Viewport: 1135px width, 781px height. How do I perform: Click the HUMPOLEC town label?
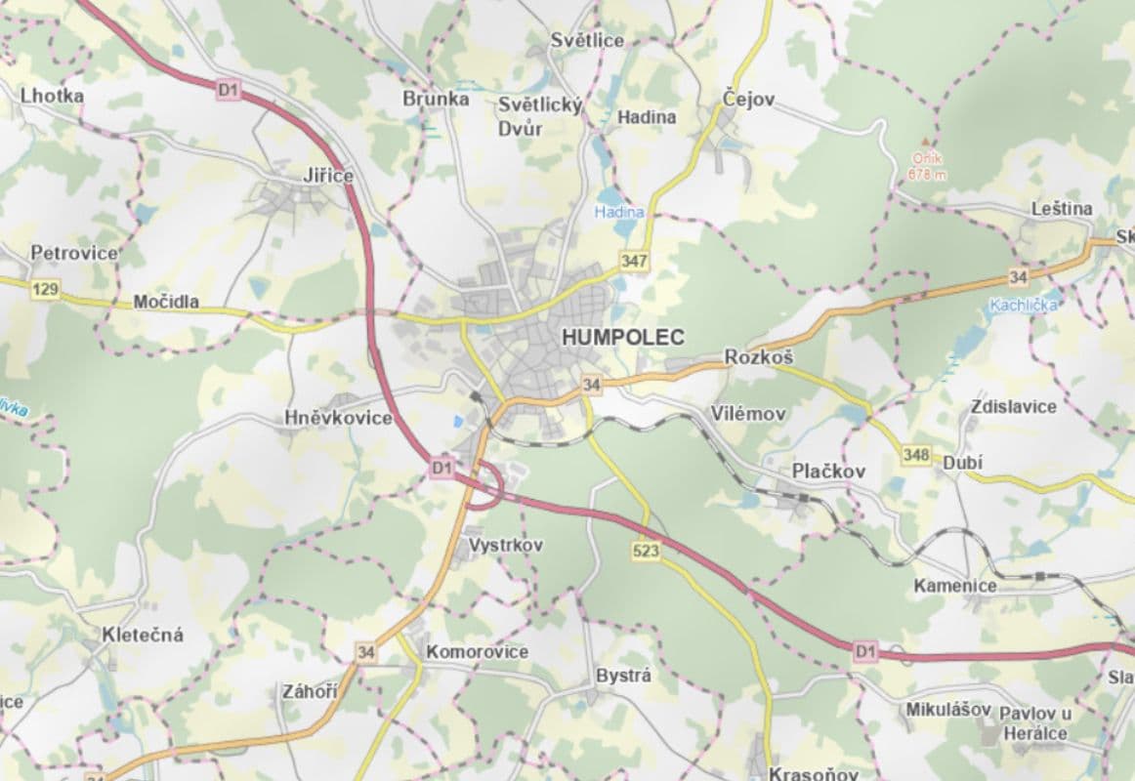click(623, 337)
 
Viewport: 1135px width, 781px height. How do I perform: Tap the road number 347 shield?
click(634, 262)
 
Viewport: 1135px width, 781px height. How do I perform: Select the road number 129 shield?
click(44, 289)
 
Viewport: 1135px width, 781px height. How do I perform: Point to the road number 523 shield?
click(647, 552)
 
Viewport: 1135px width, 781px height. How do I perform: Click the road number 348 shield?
click(916, 455)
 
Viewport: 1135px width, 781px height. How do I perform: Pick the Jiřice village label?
click(327, 176)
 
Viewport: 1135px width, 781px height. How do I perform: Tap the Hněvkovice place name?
click(338, 418)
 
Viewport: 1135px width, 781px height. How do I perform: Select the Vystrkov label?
click(505, 545)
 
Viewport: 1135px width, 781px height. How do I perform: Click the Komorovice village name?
click(477, 651)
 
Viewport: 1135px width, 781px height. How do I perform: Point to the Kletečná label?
click(143, 635)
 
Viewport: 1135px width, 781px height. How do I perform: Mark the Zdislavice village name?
click(1014, 406)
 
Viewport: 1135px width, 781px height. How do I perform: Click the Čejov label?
click(748, 99)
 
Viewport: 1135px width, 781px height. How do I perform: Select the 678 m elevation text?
click(927, 175)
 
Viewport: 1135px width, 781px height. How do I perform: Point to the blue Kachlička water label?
click(1023, 305)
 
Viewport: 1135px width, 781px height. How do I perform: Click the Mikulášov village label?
click(947, 710)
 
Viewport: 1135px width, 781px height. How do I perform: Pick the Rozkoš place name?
click(758, 358)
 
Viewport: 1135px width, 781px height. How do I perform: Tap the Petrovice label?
click(73, 253)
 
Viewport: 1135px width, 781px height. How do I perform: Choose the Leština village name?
click(1062, 209)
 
